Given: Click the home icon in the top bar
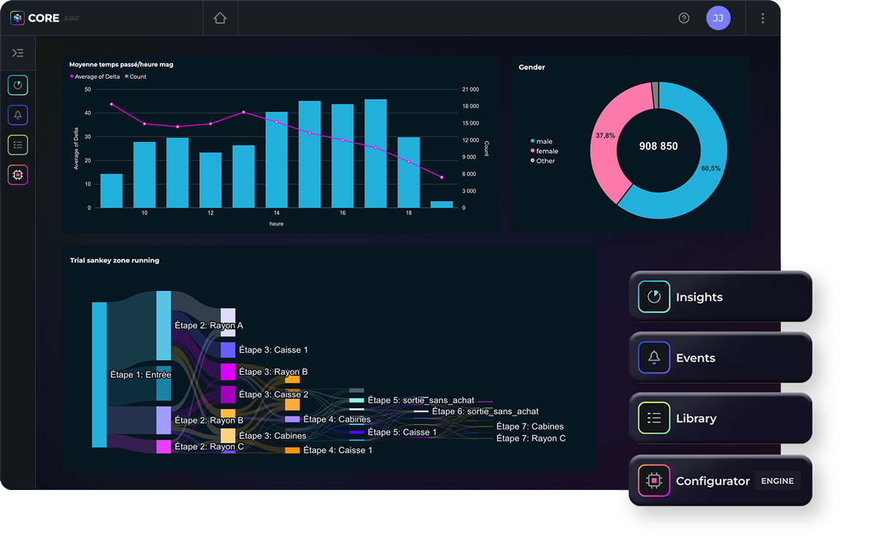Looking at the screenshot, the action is pyautogui.click(x=220, y=18).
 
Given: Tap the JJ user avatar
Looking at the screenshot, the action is pyautogui.click(x=718, y=18).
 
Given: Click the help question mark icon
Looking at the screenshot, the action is pyautogui.click(x=684, y=18).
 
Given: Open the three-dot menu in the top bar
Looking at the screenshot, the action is pyautogui.click(x=763, y=18).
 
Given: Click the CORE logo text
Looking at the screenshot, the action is pyautogui.click(x=44, y=18).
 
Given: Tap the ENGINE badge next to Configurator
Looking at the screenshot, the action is pyautogui.click(x=777, y=480).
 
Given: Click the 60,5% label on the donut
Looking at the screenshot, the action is pyautogui.click(x=710, y=168).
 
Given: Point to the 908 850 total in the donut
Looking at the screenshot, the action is pyautogui.click(x=658, y=146).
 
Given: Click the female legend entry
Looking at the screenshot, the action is pyautogui.click(x=547, y=151).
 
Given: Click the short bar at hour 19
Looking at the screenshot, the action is pyautogui.click(x=442, y=204).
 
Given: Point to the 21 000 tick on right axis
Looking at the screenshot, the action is pyautogui.click(x=470, y=90).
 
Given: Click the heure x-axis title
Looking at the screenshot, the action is pyautogui.click(x=276, y=224).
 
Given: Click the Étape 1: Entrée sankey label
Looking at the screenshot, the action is pyautogui.click(x=140, y=375).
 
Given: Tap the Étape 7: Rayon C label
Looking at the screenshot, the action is pyautogui.click(x=531, y=438).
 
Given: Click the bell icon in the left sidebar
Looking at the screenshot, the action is pyautogui.click(x=18, y=115).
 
